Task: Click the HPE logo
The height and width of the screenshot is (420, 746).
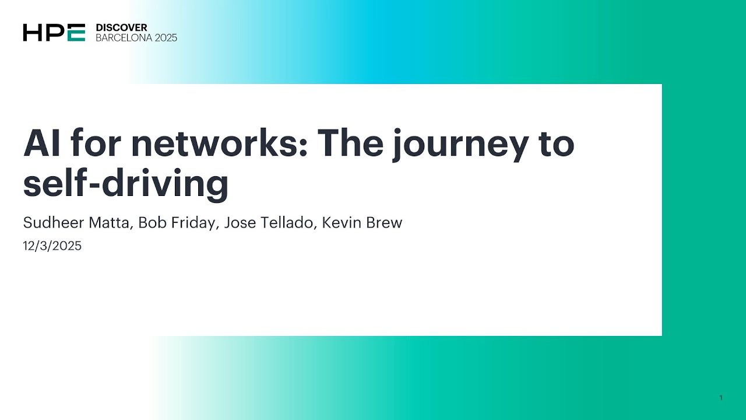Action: point(54,33)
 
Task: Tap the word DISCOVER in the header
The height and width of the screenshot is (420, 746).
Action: point(121,27)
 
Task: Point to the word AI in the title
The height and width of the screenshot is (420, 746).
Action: point(42,143)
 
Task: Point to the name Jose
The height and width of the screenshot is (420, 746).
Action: point(238,223)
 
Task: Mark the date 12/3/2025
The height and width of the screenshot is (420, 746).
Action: point(52,246)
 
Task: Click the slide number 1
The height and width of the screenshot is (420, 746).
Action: point(721,398)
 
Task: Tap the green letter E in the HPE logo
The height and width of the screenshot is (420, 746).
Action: point(76,33)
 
